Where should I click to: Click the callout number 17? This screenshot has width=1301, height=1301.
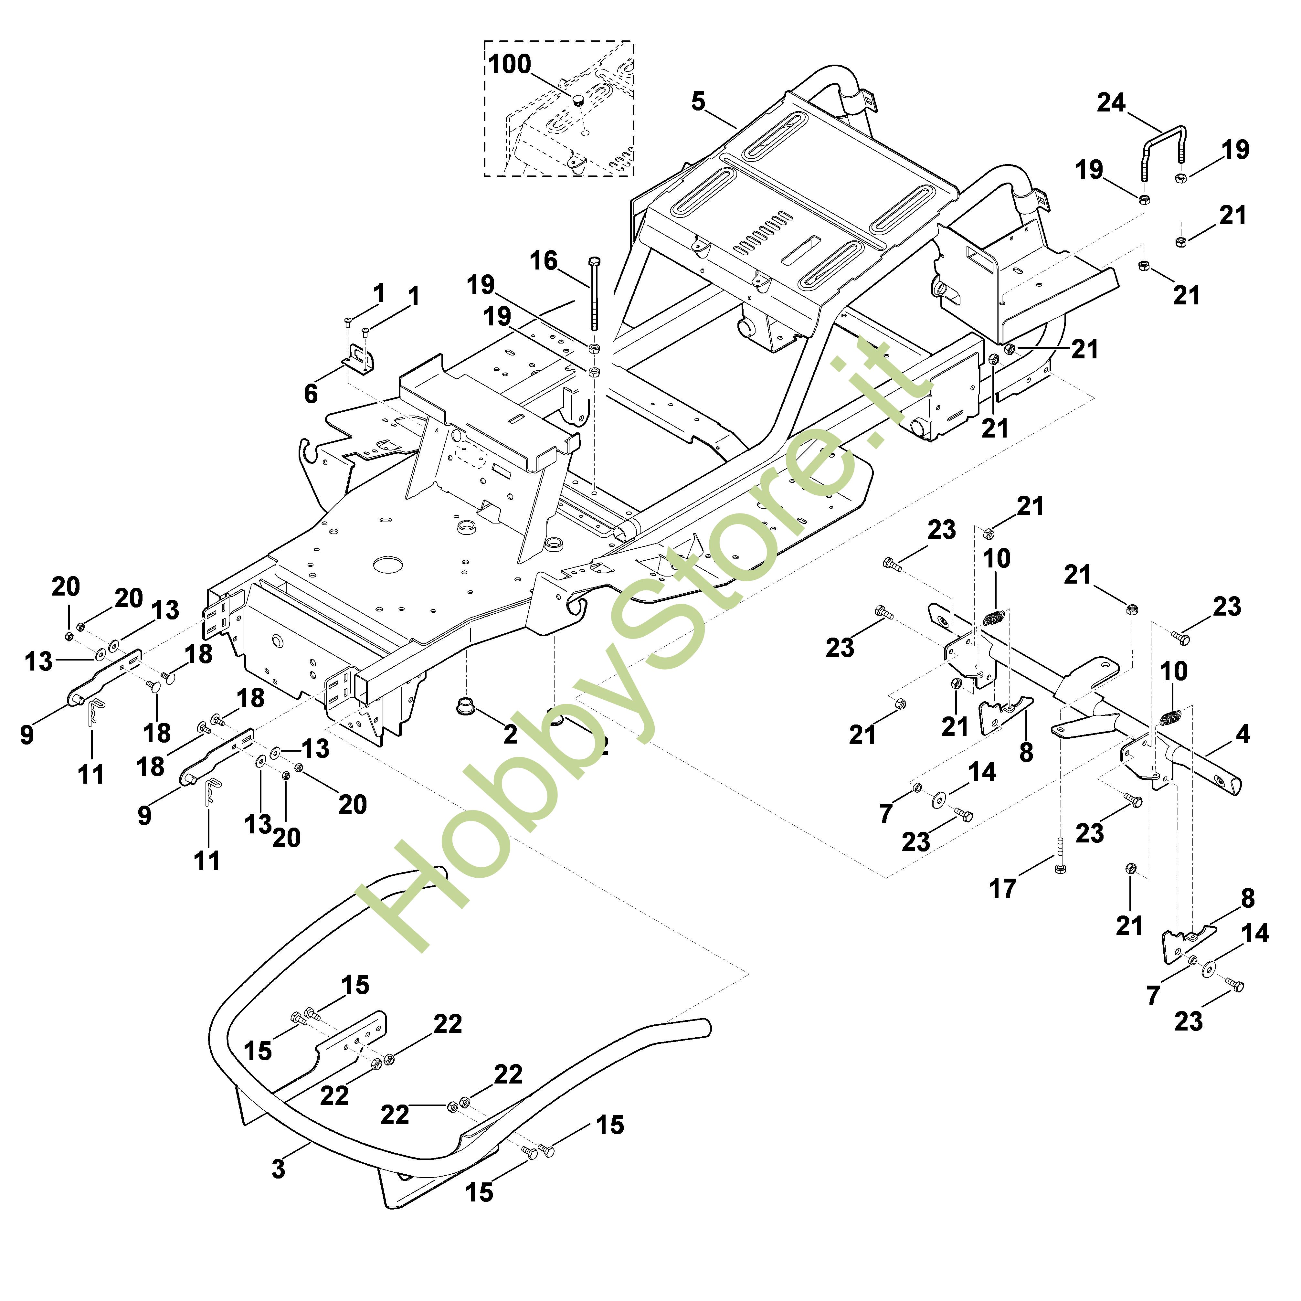click(1002, 889)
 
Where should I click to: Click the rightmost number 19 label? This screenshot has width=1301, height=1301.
click(1235, 150)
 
